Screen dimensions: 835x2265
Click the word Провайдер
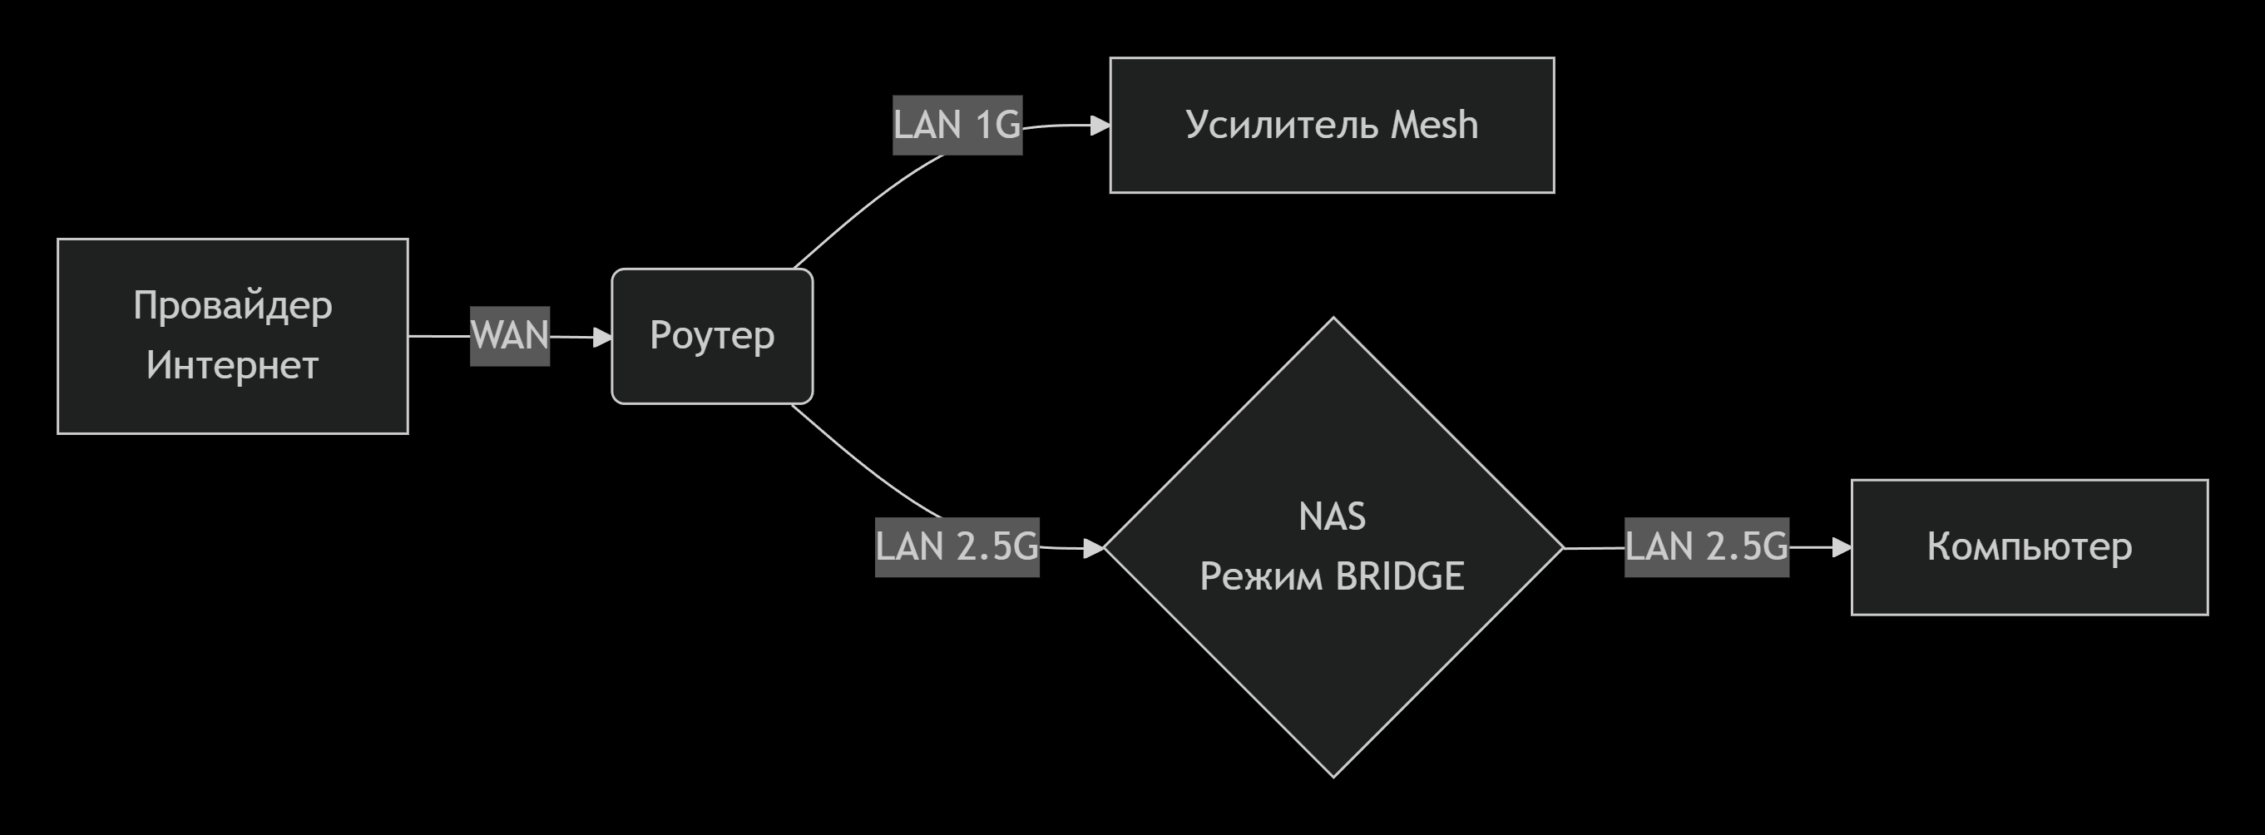tap(232, 306)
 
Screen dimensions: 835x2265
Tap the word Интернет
tap(232, 366)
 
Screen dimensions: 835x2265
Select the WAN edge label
tap(509, 336)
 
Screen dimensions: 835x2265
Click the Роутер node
tap(711, 336)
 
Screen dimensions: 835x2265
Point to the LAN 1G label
tap(957, 125)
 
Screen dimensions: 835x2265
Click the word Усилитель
tap(1283, 125)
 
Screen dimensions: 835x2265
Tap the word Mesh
tap(1434, 125)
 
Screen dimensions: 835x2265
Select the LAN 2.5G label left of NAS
tap(957, 546)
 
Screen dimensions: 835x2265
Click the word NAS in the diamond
tap(1332, 516)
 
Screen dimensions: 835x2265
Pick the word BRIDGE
tap(1400, 576)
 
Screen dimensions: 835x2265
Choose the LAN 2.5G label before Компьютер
tap(1706, 546)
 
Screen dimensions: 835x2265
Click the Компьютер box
tap(2030, 546)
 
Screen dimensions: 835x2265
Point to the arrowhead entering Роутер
tap(602, 337)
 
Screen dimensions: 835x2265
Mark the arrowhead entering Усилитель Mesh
tap(1100, 126)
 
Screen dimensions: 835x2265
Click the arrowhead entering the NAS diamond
tap(1093, 548)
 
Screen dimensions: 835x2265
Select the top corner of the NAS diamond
tap(1333, 319)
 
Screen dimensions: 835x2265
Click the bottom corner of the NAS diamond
tap(1333, 776)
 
